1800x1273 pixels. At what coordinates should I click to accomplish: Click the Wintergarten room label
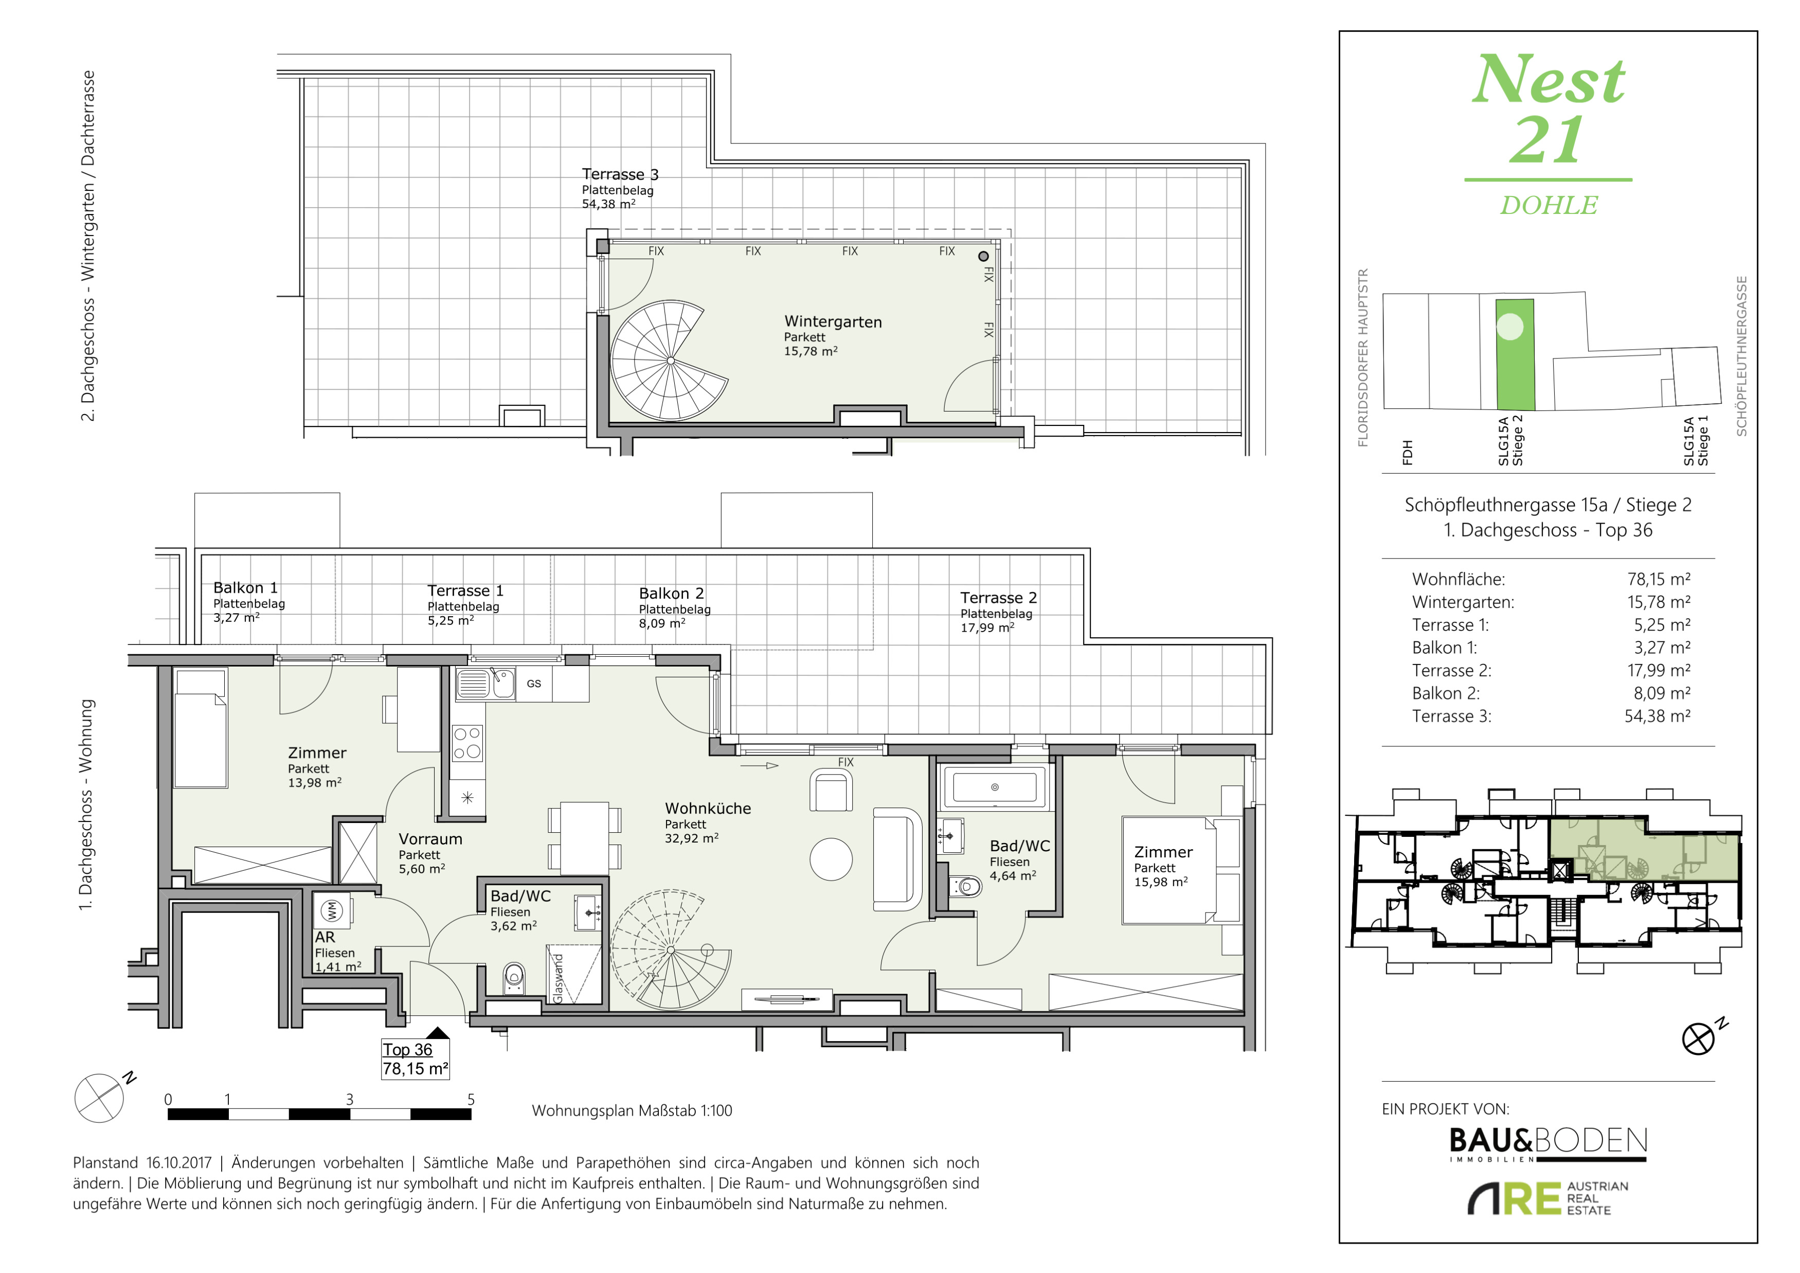pyautogui.click(x=833, y=322)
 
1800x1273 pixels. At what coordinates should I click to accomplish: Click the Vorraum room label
pyautogui.click(x=430, y=839)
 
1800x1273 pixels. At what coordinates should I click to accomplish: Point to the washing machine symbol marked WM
pyautogui.click(x=332, y=910)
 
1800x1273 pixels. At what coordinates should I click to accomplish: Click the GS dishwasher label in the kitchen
pyautogui.click(x=534, y=684)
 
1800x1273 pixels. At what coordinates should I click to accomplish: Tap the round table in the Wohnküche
pyautogui.click(x=831, y=859)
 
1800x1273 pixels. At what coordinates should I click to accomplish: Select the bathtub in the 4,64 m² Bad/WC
pyautogui.click(x=995, y=787)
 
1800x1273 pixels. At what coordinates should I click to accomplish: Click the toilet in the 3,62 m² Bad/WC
pyautogui.click(x=513, y=977)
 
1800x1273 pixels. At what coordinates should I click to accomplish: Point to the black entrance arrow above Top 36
pyautogui.click(x=438, y=1033)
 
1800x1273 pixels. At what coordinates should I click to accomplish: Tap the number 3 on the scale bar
pyautogui.click(x=350, y=1100)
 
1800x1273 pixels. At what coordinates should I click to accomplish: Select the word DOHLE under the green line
pyautogui.click(x=1549, y=205)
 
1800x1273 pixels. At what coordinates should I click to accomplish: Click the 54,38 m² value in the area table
pyautogui.click(x=1658, y=715)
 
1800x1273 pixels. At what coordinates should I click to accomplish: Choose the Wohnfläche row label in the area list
pyautogui.click(x=1458, y=579)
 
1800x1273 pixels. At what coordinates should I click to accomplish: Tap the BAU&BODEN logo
pyautogui.click(x=1549, y=1144)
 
